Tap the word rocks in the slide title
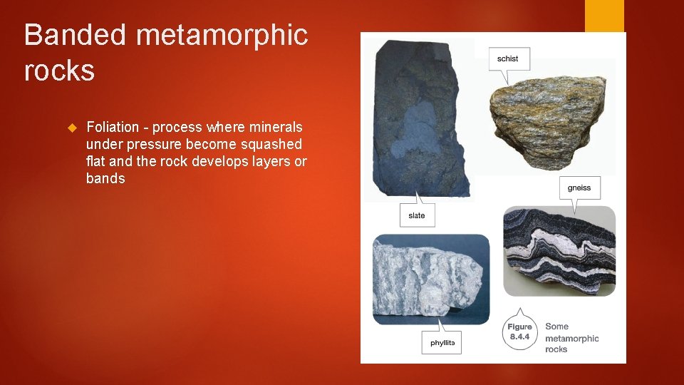point(59,71)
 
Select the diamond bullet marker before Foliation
point(71,128)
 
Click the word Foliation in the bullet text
point(113,127)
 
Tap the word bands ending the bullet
point(105,179)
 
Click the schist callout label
point(508,58)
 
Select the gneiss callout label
point(579,188)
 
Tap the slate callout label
point(417,215)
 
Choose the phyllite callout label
point(442,343)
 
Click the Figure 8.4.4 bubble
point(520,332)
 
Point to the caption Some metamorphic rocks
point(571,338)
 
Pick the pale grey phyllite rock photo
point(430,278)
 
